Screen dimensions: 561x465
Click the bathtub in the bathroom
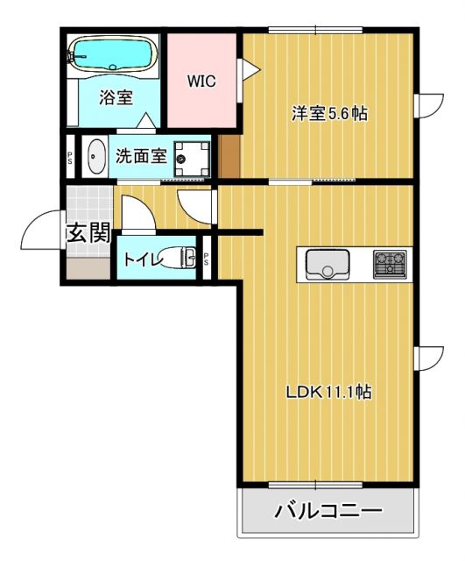click(x=111, y=53)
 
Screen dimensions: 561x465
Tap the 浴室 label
click(x=116, y=97)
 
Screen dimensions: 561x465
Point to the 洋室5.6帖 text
click(x=328, y=113)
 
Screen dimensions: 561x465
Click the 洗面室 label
click(x=141, y=156)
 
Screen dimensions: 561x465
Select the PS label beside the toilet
click(x=207, y=259)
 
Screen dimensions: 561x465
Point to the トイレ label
click(x=141, y=259)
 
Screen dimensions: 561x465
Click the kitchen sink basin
click(x=328, y=262)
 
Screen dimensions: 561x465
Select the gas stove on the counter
click(x=389, y=263)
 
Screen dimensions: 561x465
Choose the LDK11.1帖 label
click(x=329, y=392)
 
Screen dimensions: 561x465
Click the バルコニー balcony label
click(x=328, y=510)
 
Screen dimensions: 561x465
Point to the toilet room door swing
click(x=138, y=214)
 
